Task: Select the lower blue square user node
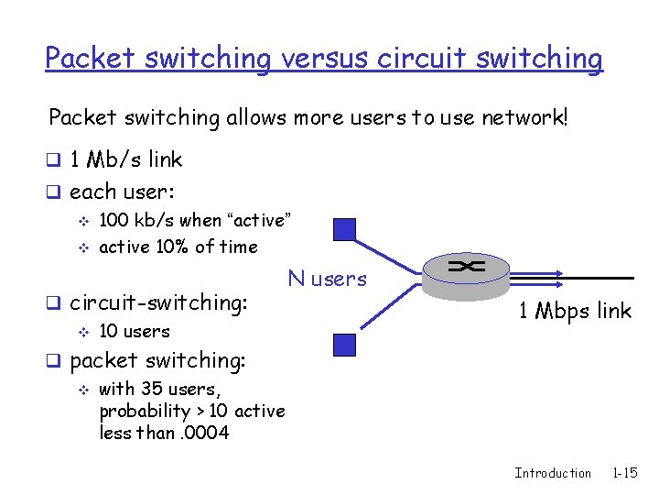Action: pos(344,345)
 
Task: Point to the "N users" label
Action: pos(327,278)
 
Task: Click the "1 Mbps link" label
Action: pos(575,311)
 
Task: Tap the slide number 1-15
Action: pos(625,473)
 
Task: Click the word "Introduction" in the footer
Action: pos(553,473)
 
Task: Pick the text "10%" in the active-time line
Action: pos(171,246)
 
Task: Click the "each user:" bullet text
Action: pos(122,192)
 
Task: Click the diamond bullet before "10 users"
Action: pos(84,331)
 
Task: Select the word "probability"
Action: pos(145,411)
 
